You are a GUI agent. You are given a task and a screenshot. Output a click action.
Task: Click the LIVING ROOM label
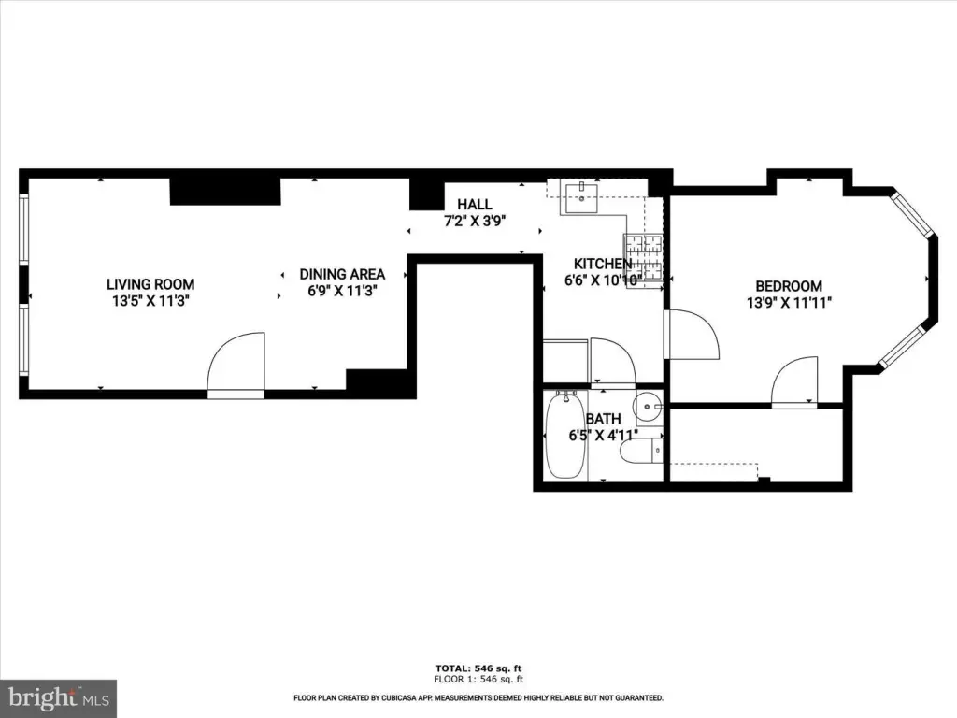click(150, 284)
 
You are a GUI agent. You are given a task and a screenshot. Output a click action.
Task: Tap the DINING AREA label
click(342, 274)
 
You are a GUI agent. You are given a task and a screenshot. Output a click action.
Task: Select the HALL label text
click(474, 204)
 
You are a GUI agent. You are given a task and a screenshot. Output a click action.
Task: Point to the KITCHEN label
click(603, 264)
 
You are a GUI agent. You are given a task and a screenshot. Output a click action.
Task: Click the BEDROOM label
click(789, 286)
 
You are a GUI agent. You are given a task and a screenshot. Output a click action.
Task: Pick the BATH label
click(603, 419)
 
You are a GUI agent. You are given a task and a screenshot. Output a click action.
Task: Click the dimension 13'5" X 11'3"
click(150, 300)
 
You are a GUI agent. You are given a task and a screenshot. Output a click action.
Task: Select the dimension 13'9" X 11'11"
click(789, 302)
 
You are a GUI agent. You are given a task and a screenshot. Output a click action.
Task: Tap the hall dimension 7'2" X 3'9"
click(475, 221)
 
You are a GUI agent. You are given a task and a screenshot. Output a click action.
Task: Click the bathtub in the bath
click(565, 436)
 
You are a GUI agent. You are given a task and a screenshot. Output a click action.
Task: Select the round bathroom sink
click(647, 405)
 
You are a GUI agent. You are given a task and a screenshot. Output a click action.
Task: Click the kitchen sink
click(581, 196)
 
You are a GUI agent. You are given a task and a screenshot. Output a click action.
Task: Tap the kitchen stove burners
click(643, 260)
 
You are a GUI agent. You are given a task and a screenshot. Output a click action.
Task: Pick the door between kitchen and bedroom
click(692, 335)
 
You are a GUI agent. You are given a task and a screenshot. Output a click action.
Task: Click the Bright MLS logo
click(59, 697)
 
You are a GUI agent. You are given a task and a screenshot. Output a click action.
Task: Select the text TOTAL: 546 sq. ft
click(478, 668)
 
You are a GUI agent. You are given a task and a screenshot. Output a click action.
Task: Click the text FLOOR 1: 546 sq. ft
click(478, 679)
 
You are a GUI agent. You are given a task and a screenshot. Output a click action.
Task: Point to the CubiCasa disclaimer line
click(478, 697)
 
